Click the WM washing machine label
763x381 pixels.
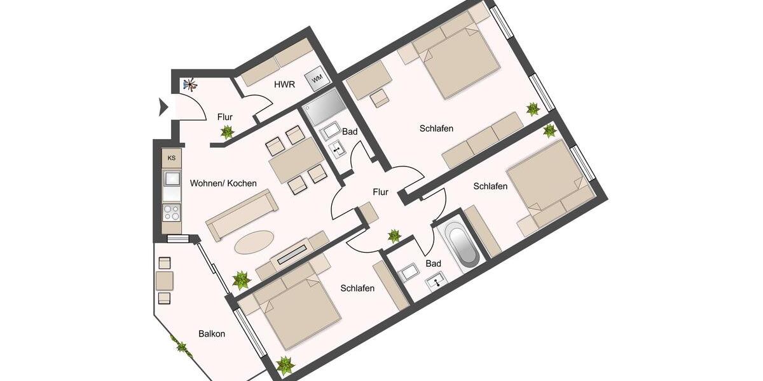(317, 78)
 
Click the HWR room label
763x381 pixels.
(284, 84)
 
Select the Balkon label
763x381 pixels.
(212, 333)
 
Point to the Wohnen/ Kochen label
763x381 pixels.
(223, 184)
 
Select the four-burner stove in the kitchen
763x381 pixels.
(172, 211)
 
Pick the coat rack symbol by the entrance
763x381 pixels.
(189, 83)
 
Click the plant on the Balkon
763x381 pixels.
(181, 347)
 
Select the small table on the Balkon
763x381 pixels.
(164, 280)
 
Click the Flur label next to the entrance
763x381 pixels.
(224, 117)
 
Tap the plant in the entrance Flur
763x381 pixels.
(226, 132)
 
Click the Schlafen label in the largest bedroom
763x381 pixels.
(436, 128)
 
